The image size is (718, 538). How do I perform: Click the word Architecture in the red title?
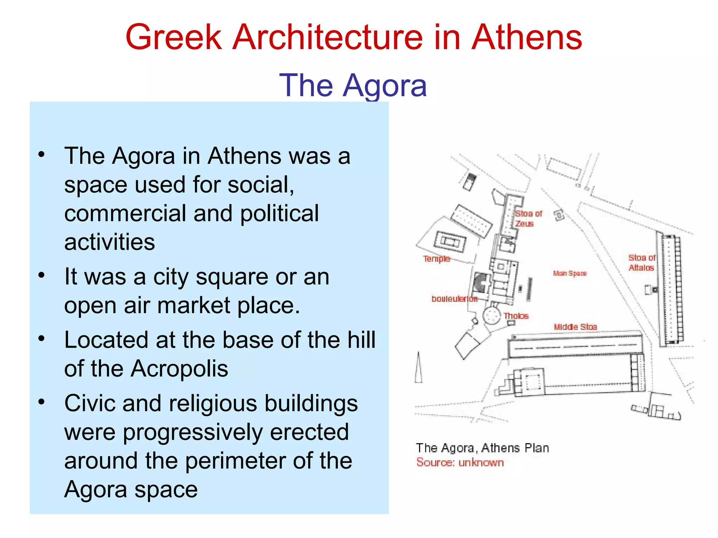click(x=328, y=37)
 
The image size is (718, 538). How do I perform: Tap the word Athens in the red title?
click(x=527, y=37)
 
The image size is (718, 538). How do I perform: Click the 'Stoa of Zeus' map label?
click(x=528, y=219)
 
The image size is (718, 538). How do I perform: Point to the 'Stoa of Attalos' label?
click(x=641, y=263)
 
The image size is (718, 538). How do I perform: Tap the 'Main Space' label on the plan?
click(x=570, y=273)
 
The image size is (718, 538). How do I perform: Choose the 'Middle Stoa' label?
click(x=575, y=327)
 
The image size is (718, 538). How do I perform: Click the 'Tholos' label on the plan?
click(x=516, y=316)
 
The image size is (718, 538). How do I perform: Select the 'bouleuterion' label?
click(x=454, y=299)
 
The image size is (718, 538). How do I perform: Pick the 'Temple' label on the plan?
click(x=436, y=259)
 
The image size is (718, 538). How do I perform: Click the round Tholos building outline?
click(x=492, y=315)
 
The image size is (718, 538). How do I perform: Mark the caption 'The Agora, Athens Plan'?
click(x=482, y=448)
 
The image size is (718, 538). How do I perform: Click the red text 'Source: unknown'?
click(x=460, y=463)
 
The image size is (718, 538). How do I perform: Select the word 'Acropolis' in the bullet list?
click(x=179, y=368)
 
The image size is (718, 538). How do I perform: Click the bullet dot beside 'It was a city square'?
click(x=42, y=275)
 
